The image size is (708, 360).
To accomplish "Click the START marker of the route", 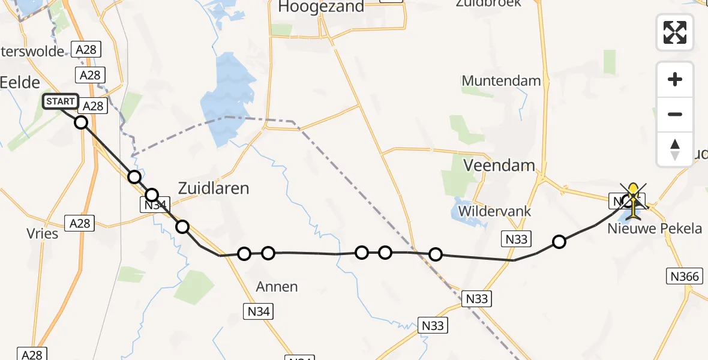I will [x=61, y=101].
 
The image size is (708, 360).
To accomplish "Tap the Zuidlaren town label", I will [x=214, y=188].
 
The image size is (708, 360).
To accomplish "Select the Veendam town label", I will [x=499, y=164].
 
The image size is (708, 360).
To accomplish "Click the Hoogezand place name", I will [x=322, y=7].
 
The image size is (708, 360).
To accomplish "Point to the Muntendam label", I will [x=501, y=80].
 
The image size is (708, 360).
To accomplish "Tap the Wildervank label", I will [x=494, y=212].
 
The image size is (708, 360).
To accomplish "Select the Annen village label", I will [x=277, y=287].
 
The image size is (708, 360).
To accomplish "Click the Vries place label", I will [x=43, y=233].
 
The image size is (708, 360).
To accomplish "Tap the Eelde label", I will [x=20, y=83].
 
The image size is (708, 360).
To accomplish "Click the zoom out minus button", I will [x=675, y=114].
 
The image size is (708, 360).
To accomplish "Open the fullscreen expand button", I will [x=675, y=32].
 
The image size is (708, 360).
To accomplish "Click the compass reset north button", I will [x=675, y=149].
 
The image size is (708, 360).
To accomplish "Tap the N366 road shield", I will [x=685, y=276].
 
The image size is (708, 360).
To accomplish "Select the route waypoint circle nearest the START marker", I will [x=81, y=122].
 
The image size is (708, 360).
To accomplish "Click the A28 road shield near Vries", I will [x=79, y=223].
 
